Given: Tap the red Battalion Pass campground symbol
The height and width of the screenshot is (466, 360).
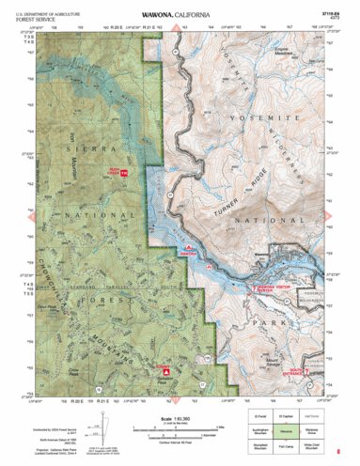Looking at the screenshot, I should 165,370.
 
